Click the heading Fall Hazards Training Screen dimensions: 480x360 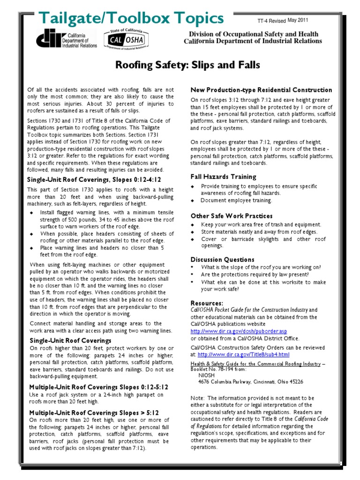coord(223,177)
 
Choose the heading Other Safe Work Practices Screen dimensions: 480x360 coord(231,216)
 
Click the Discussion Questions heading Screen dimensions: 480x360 coord(222,259)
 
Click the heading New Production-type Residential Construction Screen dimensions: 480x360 coord(261,90)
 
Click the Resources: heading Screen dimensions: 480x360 coord(207,303)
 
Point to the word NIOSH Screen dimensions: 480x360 coord(207,375)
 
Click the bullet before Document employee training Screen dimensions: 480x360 coord(192,200)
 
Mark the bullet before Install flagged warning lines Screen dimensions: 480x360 coord(32,212)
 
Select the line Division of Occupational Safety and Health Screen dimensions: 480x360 coord(253,34)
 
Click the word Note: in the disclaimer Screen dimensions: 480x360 coord(198,397)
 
